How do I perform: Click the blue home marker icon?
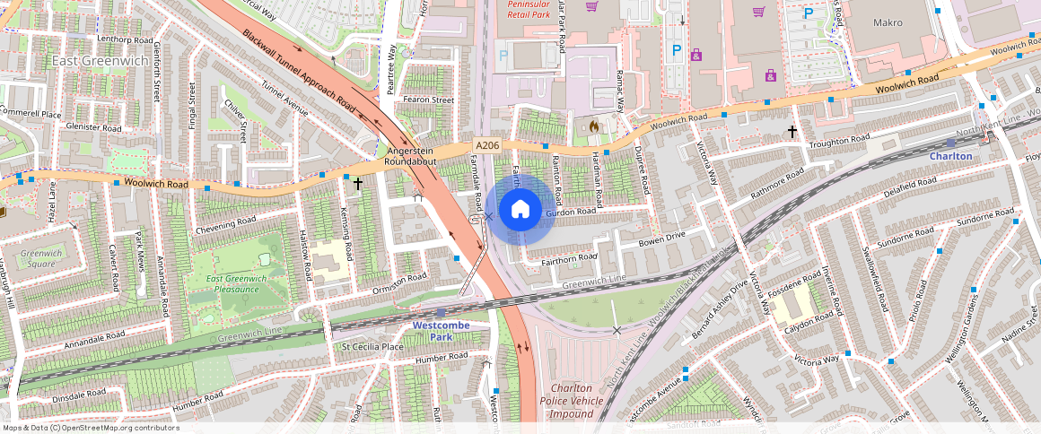pos(520,210)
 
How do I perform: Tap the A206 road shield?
pos(486,145)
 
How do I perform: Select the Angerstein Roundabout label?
pos(411,157)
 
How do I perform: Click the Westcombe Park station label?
pos(441,330)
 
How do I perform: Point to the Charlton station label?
pos(950,156)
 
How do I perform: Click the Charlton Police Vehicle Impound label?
pos(573,401)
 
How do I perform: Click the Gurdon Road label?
pos(571,212)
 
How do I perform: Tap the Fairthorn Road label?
pos(569,257)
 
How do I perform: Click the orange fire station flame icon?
pos(592,128)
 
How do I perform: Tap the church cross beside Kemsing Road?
pos(358,184)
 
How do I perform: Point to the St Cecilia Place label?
pos(372,346)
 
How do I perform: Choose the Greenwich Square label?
pos(41,258)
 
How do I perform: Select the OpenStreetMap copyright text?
pos(91,428)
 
